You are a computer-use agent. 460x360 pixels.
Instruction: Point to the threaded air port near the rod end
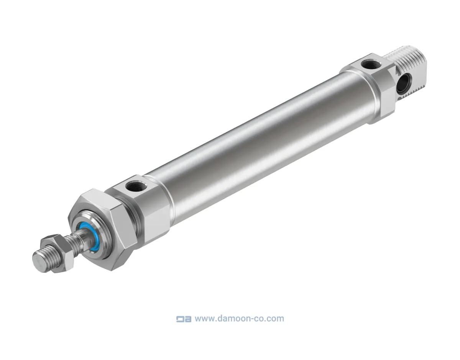(x=136, y=187)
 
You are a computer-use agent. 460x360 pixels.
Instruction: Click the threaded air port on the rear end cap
(x=371, y=64)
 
